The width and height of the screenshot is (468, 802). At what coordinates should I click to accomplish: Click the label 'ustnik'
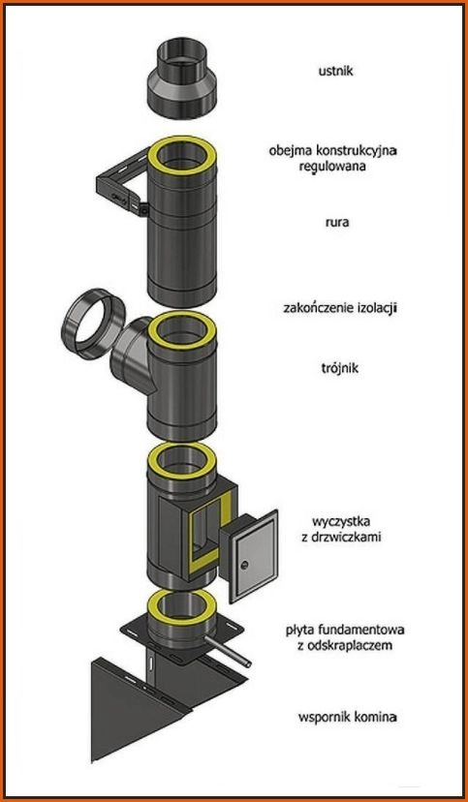(x=335, y=71)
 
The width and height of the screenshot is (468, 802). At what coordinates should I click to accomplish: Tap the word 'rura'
(x=337, y=223)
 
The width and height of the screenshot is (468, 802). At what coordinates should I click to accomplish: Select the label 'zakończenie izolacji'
(x=341, y=308)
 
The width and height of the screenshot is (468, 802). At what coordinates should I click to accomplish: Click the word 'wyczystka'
(x=341, y=522)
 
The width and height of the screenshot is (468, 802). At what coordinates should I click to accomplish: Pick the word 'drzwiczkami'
(x=347, y=538)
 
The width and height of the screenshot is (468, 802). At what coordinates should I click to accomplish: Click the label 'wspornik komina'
(x=348, y=717)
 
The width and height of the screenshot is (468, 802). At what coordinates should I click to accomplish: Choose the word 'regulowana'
(x=334, y=167)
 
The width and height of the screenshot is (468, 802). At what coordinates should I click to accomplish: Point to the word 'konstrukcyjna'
(x=359, y=151)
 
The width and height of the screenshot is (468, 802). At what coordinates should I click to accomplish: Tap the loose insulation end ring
(x=93, y=324)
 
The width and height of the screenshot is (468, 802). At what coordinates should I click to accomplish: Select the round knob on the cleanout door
(x=244, y=565)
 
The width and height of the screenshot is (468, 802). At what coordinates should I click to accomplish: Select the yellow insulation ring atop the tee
(x=181, y=330)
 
